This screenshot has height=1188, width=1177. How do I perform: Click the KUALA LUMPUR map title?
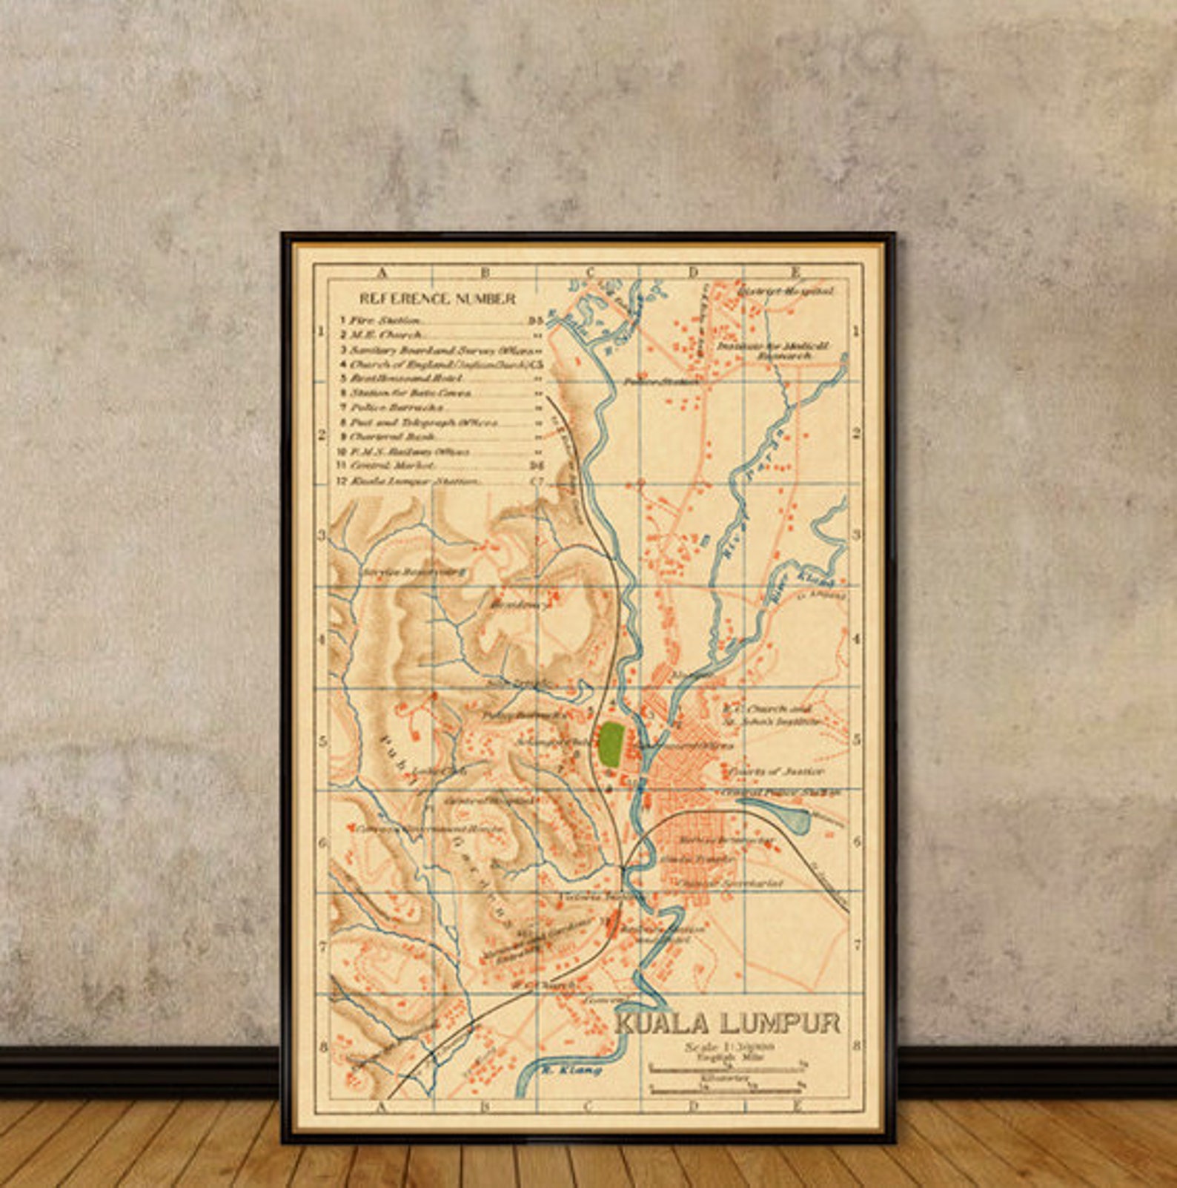[729, 1023]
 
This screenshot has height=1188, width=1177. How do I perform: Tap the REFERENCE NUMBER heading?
[437, 299]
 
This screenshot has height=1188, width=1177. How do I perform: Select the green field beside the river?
[611, 744]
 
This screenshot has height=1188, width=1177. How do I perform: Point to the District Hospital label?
[786, 291]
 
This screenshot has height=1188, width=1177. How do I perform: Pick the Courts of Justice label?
[775, 771]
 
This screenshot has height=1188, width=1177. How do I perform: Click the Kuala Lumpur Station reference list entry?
[415, 481]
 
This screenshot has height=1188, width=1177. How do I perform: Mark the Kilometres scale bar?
[726, 1089]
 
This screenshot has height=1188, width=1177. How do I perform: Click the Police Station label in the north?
[660, 382]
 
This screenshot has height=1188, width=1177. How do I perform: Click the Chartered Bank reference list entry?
[393, 437]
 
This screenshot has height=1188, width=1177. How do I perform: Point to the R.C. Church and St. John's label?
[772, 714]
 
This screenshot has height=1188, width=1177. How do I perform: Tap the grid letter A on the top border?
[382, 273]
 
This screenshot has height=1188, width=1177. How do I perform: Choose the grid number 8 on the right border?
[857, 1046]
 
